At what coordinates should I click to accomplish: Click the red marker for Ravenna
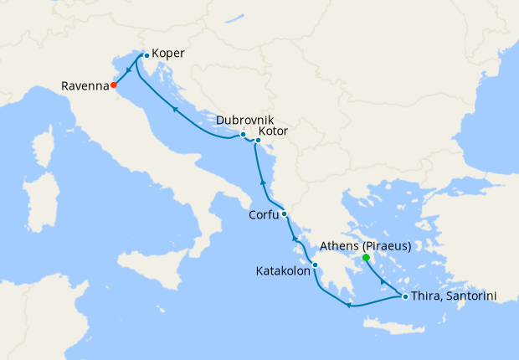(x=113, y=84)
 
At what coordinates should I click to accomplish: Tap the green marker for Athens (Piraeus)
(x=366, y=258)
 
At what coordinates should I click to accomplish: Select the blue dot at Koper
(x=146, y=55)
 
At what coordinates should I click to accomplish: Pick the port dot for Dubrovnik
(x=243, y=134)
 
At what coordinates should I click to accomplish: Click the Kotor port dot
(x=258, y=140)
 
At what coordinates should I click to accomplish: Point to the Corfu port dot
(x=285, y=213)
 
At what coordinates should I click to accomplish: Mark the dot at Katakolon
(x=315, y=265)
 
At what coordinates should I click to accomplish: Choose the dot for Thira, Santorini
(x=405, y=296)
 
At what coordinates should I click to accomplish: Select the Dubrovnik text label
(x=244, y=120)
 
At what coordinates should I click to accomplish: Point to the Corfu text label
(x=264, y=216)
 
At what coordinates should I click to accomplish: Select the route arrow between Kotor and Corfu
(x=264, y=182)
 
